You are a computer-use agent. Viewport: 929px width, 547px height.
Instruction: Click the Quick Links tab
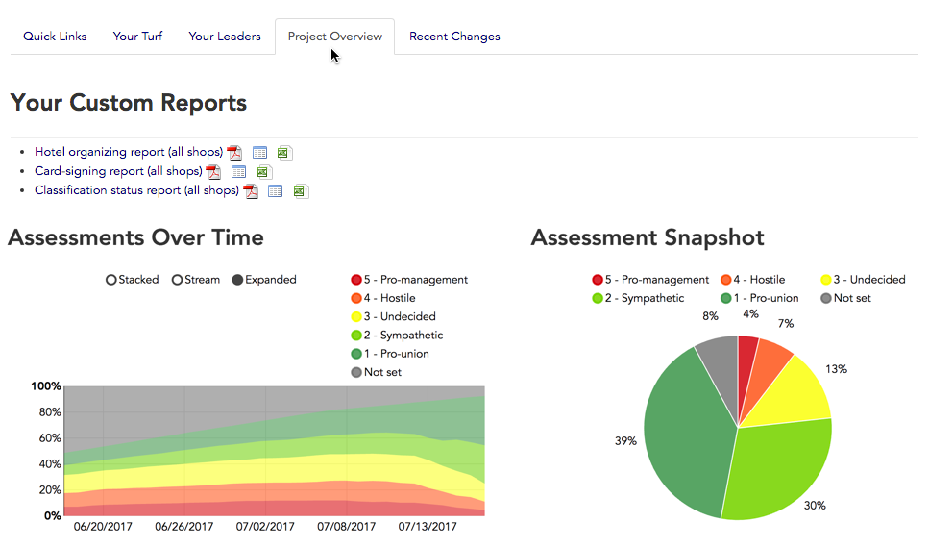(55, 37)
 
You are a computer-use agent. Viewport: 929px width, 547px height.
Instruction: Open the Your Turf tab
(137, 37)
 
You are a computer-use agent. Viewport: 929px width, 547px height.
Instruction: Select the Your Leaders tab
(224, 37)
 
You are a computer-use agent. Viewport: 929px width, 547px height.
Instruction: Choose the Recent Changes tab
(454, 37)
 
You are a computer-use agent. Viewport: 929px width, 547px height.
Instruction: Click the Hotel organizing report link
(128, 152)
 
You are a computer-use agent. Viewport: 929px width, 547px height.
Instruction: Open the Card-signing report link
(117, 171)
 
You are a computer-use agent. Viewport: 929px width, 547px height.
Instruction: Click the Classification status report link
(136, 190)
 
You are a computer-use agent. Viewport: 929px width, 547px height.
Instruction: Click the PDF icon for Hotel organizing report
(234, 153)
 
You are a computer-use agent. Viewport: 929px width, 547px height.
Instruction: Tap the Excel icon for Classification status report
(300, 191)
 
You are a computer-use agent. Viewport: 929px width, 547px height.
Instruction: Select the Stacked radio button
(111, 280)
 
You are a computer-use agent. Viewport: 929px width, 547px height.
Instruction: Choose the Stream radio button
(178, 280)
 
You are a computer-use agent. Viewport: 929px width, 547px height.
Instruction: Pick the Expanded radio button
(238, 280)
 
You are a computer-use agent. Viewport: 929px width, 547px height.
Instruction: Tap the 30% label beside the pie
(815, 505)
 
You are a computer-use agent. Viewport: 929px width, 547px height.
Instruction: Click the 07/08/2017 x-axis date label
(345, 527)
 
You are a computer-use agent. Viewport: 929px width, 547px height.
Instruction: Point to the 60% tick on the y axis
(49, 438)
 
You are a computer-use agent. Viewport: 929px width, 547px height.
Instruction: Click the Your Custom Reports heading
(128, 103)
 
